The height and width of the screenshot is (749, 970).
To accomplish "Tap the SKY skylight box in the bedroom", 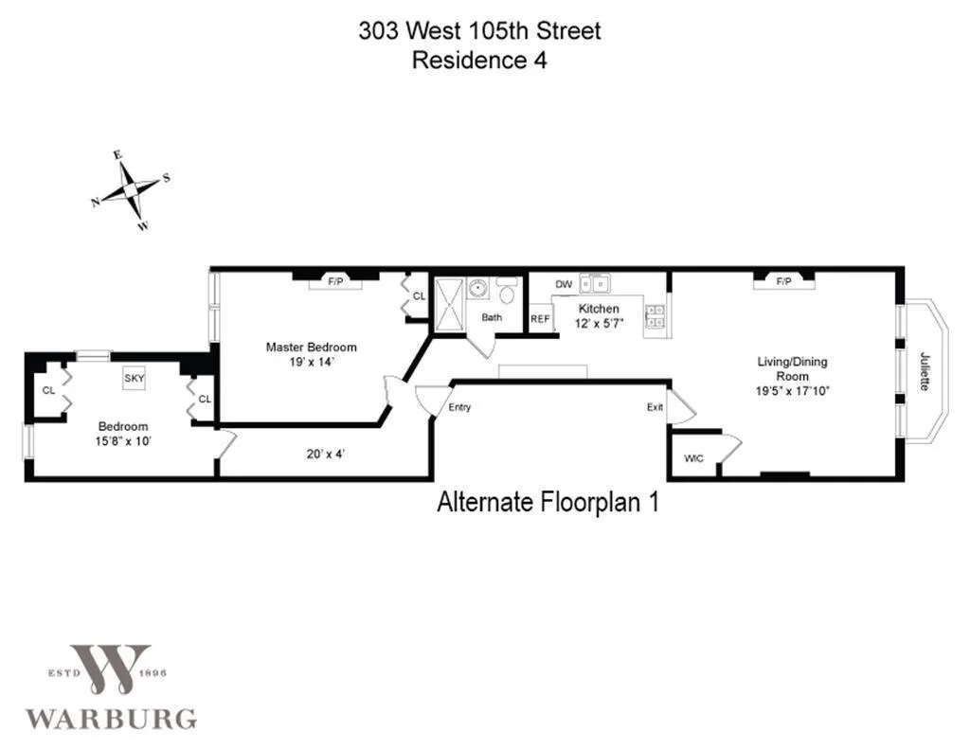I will coord(135,378).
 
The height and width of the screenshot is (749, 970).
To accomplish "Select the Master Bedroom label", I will coord(311,348).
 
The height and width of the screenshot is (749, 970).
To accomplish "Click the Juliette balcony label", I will coord(925,371).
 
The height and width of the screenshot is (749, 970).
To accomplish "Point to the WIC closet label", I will coord(693,458).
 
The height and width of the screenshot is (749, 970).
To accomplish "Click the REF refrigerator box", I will coord(540,319).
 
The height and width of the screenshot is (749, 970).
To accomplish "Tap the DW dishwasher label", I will coord(564,284).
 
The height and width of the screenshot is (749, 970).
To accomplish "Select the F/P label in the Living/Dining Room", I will coord(783,281).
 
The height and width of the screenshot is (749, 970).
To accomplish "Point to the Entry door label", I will coord(459,407).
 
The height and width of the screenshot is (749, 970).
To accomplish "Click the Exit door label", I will coord(655,407).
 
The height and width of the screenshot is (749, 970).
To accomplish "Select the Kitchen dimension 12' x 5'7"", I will coord(599,323).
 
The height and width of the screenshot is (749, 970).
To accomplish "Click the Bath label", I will coord(492,317).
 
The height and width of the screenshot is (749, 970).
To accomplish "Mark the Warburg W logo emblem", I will coord(110,670).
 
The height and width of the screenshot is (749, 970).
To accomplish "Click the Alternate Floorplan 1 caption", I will coord(547,502).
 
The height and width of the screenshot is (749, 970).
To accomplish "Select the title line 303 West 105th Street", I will coord(479,30).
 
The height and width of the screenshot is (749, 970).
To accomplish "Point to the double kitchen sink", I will coord(599,282).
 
